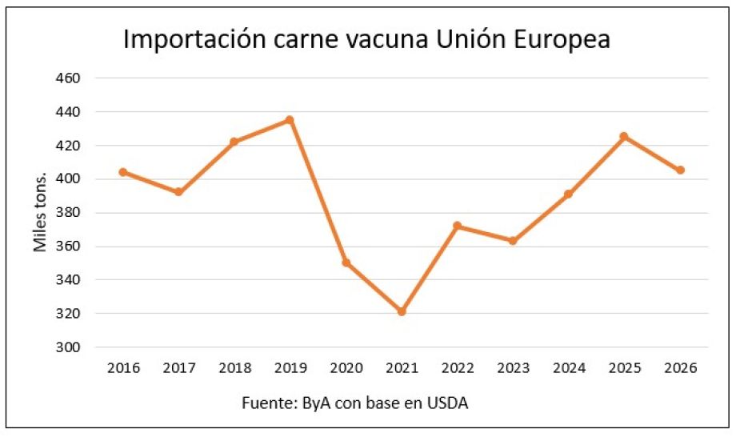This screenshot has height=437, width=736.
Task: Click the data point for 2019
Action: click(x=290, y=120)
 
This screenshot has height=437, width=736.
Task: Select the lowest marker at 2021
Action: click(x=402, y=311)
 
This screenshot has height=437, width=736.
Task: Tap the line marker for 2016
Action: click(x=123, y=172)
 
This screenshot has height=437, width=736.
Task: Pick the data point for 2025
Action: click(x=624, y=136)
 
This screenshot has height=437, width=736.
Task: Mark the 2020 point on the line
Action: click(x=346, y=263)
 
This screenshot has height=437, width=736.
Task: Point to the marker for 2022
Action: click(x=457, y=226)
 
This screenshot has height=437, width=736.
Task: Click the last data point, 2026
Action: click(x=680, y=170)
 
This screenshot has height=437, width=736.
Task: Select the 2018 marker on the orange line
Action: click(x=234, y=142)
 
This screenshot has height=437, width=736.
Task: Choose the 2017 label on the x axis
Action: click(x=179, y=368)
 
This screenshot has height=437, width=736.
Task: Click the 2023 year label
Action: click(x=513, y=368)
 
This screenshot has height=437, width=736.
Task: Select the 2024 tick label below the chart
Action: click(x=569, y=368)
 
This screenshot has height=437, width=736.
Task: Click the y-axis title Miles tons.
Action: click(x=40, y=213)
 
